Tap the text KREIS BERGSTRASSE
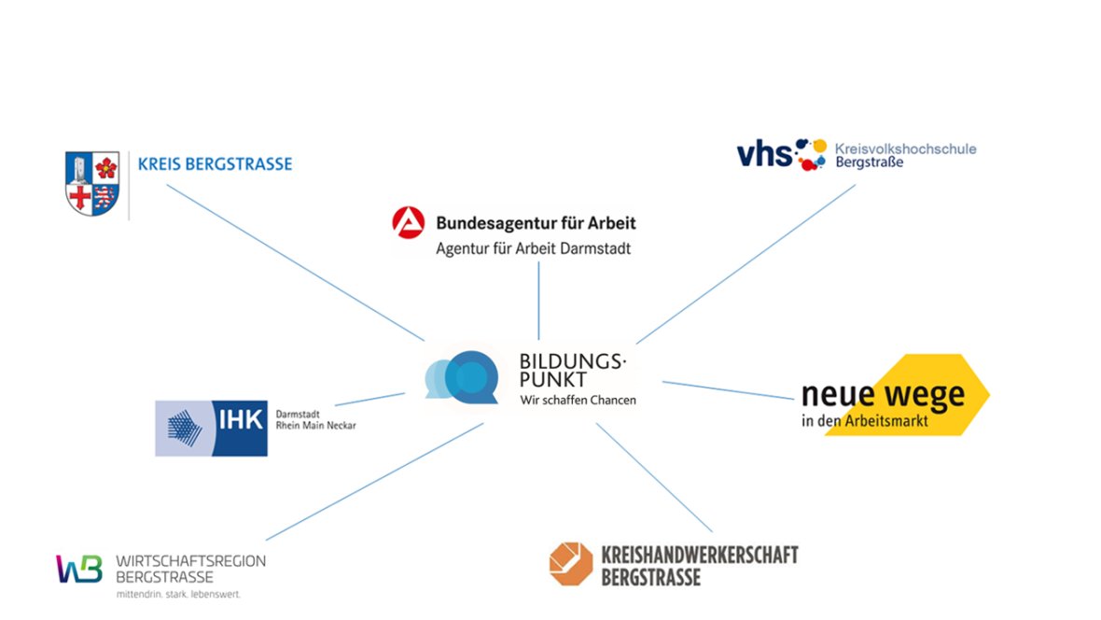[215, 164]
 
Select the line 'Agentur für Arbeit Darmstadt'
[533, 249]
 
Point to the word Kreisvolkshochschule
[905, 148]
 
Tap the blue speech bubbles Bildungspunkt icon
[462, 377]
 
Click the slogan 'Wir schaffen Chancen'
[578, 401]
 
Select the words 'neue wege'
[883, 394]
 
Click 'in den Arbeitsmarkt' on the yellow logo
[864, 421]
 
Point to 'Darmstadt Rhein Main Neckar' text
[314, 419]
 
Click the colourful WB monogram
[78, 568]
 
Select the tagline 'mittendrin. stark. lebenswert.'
[177, 594]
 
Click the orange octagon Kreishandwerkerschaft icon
[570, 563]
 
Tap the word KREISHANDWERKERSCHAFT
[700, 555]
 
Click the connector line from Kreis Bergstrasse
[294, 261]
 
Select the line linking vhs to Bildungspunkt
[746, 263]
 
